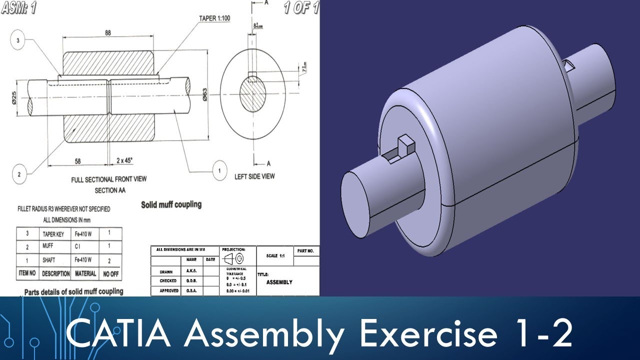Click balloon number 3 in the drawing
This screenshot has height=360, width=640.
[x=18, y=41]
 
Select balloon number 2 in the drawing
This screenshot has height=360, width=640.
[x=19, y=174]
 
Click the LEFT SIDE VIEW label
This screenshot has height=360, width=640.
[x=254, y=176]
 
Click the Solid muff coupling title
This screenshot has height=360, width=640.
[x=171, y=204]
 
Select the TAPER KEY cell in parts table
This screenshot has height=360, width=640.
[x=52, y=233]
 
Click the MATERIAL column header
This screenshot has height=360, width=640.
[x=85, y=273]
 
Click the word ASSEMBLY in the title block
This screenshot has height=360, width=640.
[x=279, y=282]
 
